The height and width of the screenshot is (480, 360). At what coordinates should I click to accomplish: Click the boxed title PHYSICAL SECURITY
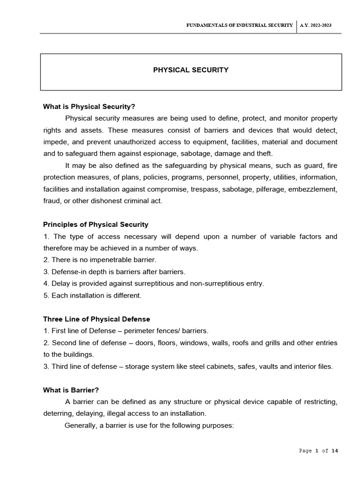pos(191,70)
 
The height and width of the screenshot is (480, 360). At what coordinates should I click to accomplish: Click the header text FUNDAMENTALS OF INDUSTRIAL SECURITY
pos(240,25)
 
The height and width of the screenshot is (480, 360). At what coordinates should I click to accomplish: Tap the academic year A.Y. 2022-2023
pos(315,25)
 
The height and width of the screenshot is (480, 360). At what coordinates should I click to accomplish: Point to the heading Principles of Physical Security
pos(96,225)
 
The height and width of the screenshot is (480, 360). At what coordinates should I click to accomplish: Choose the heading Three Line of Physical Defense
pos(97,319)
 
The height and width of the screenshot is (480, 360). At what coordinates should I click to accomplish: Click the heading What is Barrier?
pos(71,390)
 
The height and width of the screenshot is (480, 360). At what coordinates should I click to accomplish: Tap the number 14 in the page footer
pos(334,451)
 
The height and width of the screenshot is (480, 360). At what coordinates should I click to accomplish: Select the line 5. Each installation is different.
pos(92,295)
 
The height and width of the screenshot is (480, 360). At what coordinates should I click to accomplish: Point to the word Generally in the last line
pos(80,426)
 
